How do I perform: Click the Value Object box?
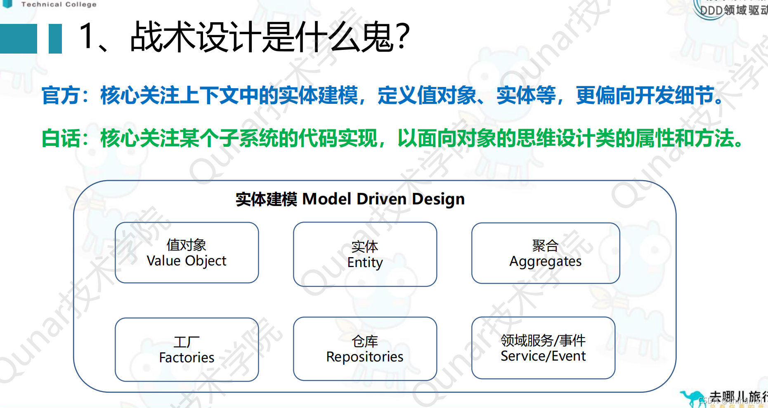click(187, 253)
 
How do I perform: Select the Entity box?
click(365, 254)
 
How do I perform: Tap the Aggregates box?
click(545, 253)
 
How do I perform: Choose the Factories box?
click(187, 349)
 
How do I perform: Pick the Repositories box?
click(365, 349)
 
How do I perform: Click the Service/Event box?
click(543, 348)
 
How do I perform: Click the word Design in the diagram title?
click(438, 199)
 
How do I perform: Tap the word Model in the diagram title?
click(326, 199)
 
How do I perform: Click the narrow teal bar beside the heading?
click(55, 39)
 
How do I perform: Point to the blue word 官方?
click(61, 96)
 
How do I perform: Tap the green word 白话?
click(61, 138)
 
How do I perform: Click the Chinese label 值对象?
click(187, 245)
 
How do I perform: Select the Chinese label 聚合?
click(545, 246)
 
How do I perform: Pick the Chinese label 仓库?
click(365, 341)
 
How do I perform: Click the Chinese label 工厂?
click(187, 342)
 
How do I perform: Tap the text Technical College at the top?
click(59, 4)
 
